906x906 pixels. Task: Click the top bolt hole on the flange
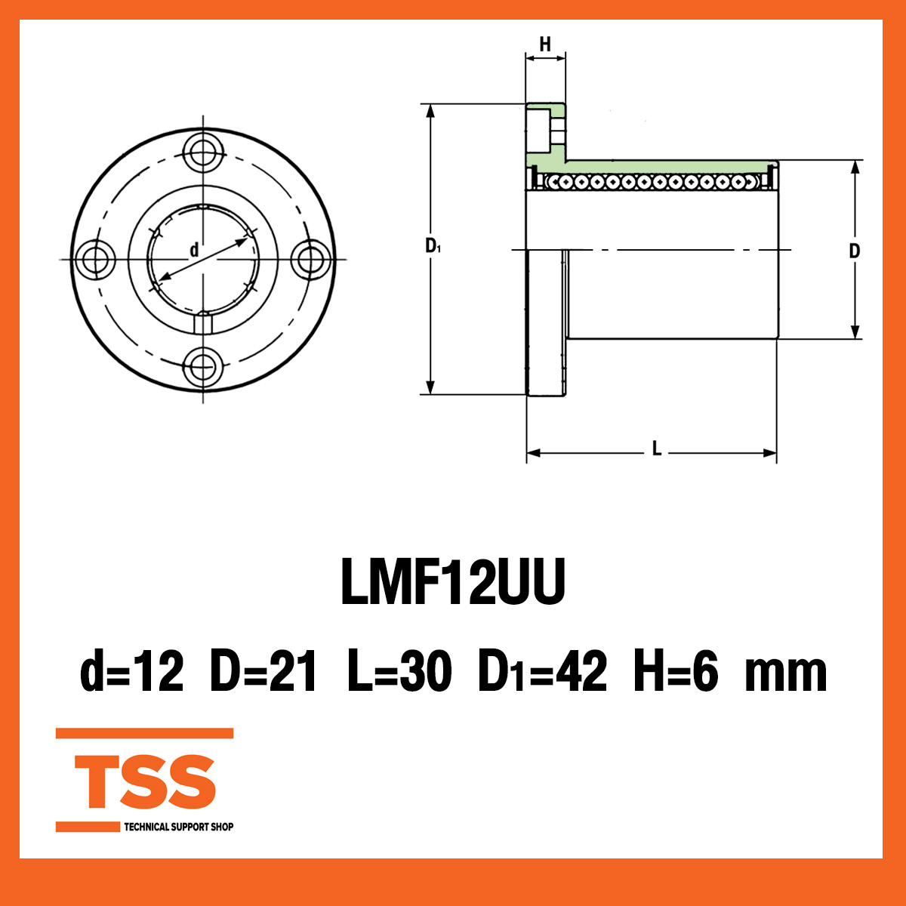pyautogui.click(x=203, y=153)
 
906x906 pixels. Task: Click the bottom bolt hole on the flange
pyautogui.click(x=203, y=367)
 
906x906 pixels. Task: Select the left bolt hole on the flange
pyautogui.click(x=96, y=260)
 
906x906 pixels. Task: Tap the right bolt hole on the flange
pyautogui.click(x=310, y=260)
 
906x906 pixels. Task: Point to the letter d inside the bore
pyautogui.click(x=194, y=250)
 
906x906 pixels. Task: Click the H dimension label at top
pyautogui.click(x=545, y=45)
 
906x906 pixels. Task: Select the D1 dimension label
pyautogui.click(x=433, y=245)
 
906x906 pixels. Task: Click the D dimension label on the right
pyautogui.click(x=854, y=251)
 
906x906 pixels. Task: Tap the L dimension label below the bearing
pyautogui.click(x=656, y=451)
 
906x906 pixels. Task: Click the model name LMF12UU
pyautogui.click(x=453, y=584)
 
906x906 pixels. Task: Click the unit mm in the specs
pyautogui.click(x=785, y=674)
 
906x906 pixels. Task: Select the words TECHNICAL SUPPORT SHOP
pyautogui.click(x=178, y=827)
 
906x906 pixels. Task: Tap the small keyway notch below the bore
pyautogui.click(x=203, y=323)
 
